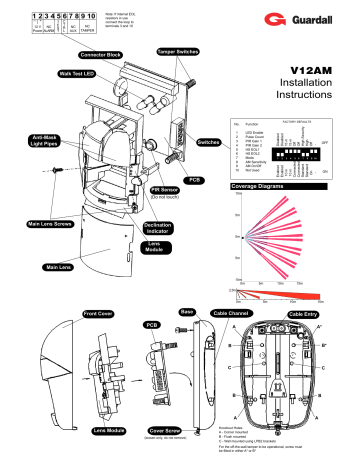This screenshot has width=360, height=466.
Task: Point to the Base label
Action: pyautogui.click(x=187, y=311)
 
